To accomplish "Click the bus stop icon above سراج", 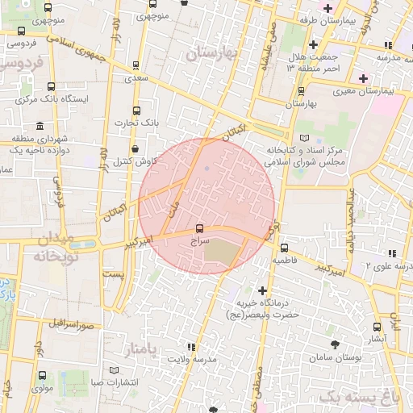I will click(200, 228).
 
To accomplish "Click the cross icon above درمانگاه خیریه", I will click(261, 290).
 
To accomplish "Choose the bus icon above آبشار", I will click(378, 327).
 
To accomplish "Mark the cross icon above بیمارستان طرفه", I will click(327, 7).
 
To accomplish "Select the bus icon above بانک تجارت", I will click(136, 110).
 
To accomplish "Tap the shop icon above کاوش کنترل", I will click(133, 148).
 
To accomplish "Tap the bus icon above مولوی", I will click(42, 375).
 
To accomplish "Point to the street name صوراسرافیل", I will click(70, 323).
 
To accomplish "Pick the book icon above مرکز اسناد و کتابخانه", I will click(304, 139).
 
